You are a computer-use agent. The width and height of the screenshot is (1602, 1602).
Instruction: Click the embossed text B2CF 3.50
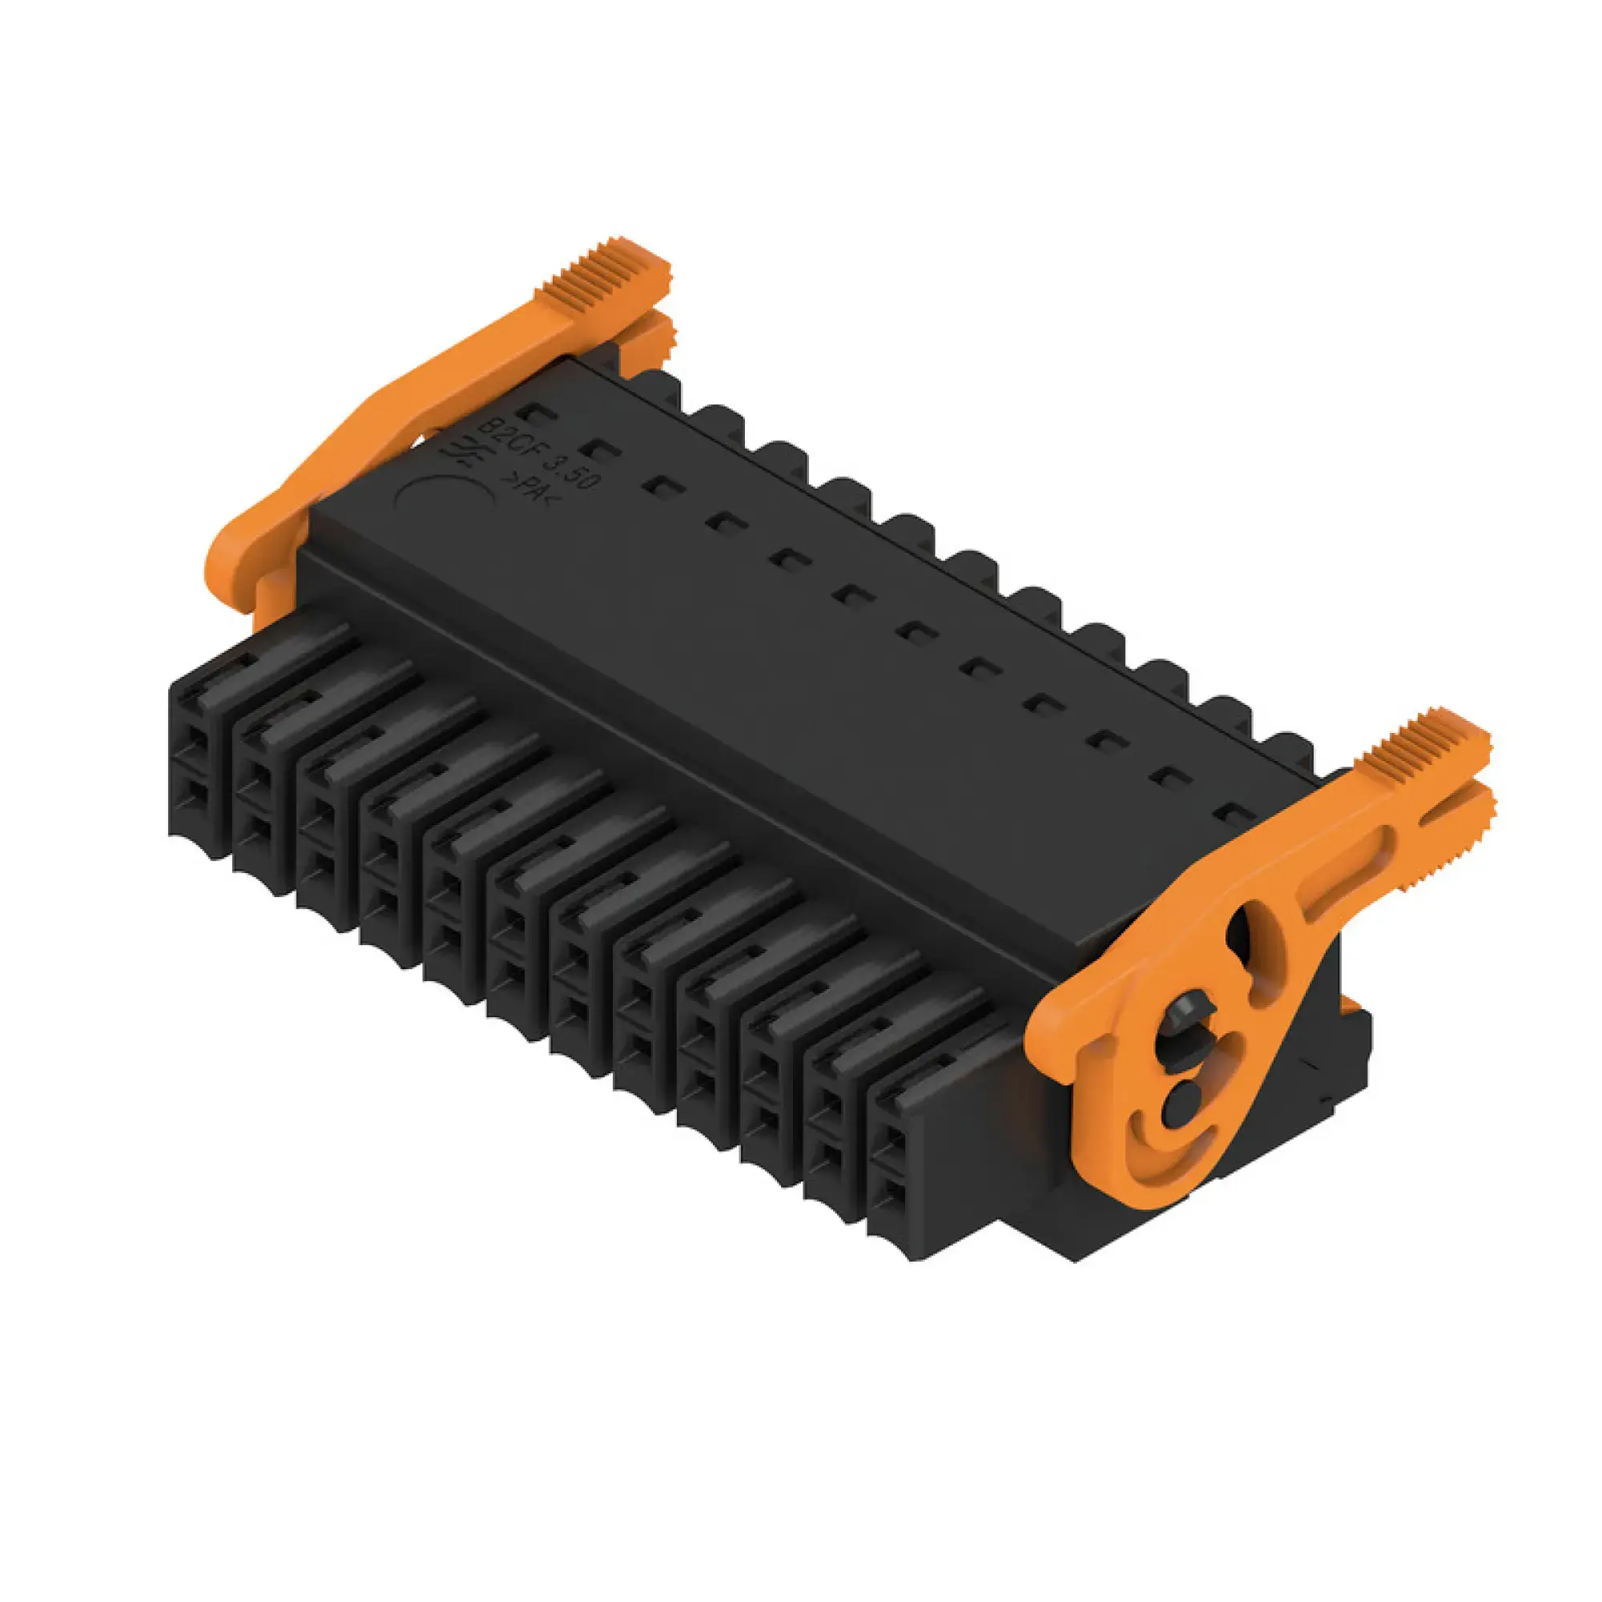coord(539,455)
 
